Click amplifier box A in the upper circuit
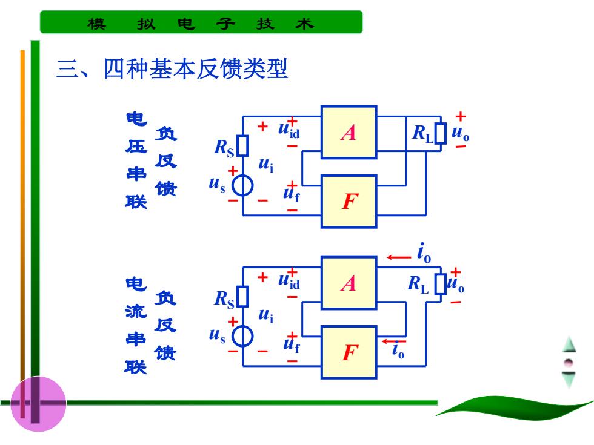point(349,132)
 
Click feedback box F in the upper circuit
point(349,201)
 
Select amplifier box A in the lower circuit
point(349,283)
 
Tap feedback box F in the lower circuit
point(349,352)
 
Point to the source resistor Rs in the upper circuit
point(242,146)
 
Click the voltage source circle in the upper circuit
point(242,185)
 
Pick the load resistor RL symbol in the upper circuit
point(440,133)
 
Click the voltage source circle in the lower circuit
point(242,336)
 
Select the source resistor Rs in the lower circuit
point(242,296)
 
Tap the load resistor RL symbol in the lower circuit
point(440,284)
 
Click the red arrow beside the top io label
point(399,257)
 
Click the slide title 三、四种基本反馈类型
point(172,68)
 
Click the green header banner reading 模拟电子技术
point(201,22)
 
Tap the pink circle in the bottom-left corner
point(38,404)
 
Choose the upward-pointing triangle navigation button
point(569,344)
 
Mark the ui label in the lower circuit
point(266,315)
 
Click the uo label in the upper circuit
point(460,133)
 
